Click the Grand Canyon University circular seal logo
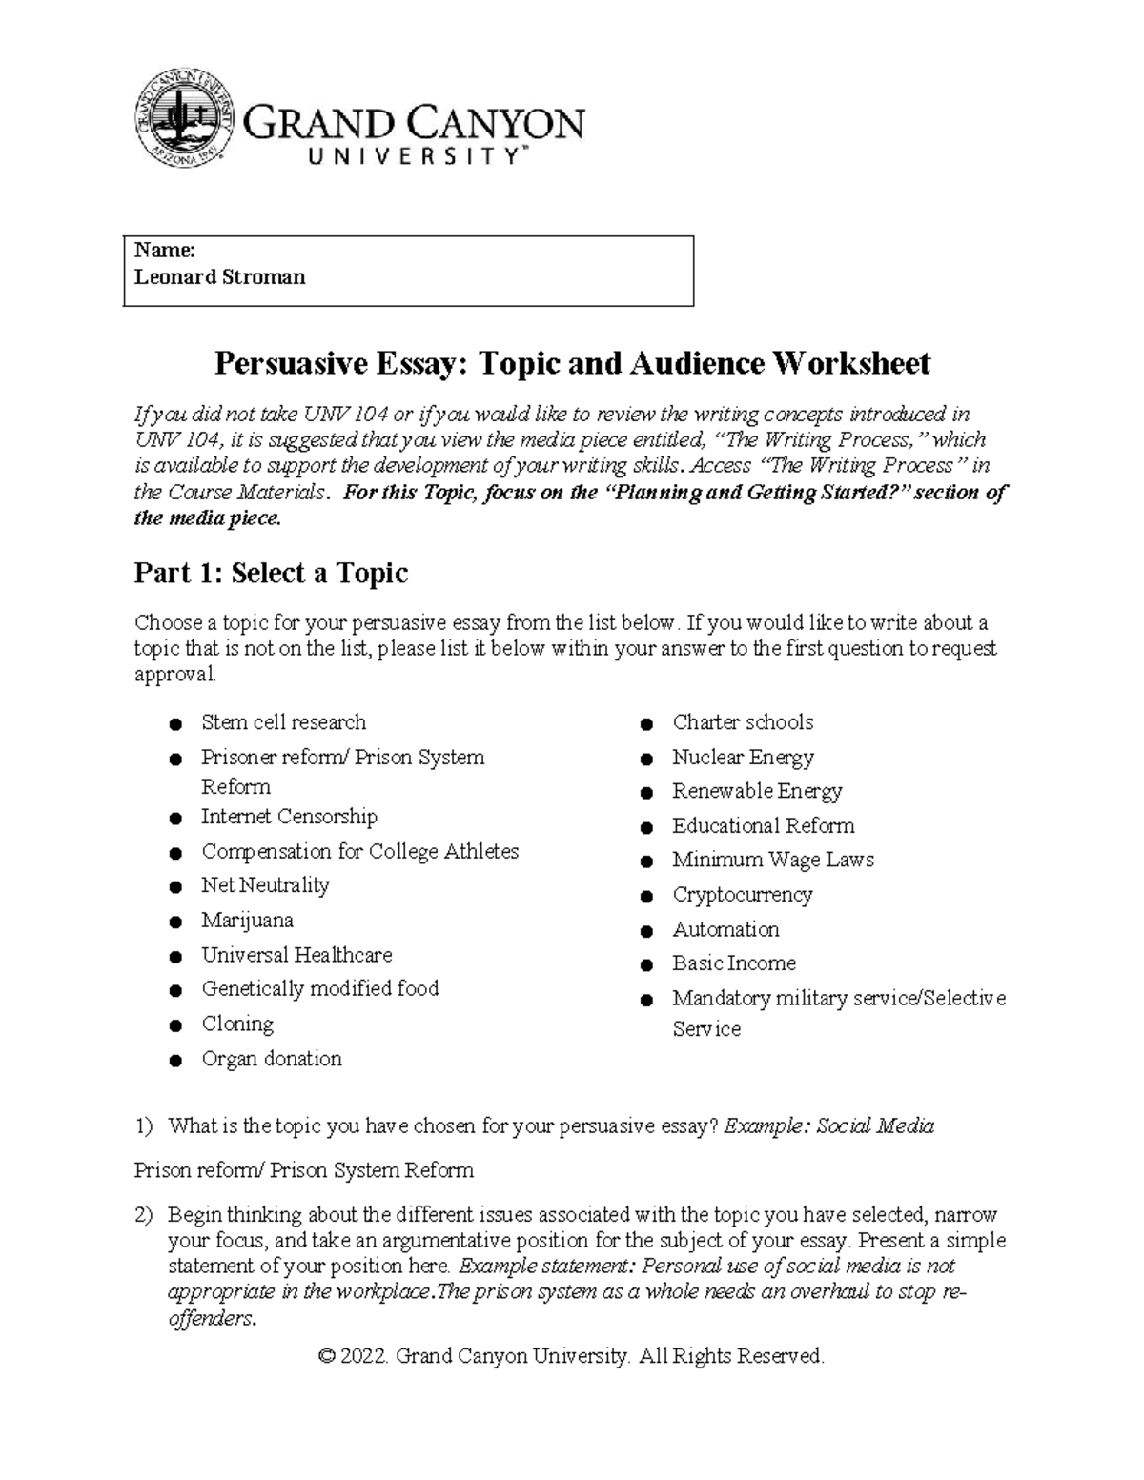point(182,117)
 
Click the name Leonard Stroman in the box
point(219,277)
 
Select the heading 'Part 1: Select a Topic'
point(271,573)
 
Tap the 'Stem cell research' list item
point(283,722)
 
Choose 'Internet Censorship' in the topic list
point(289,817)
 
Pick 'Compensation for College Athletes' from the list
point(359,851)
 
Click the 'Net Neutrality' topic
point(265,885)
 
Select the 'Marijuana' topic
point(247,921)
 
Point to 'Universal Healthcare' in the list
point(296,955)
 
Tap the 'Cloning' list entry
point(237,1024)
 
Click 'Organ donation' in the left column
point(271,1059)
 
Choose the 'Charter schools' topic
point(743,722)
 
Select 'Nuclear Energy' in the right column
point(743,758)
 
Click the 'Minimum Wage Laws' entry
point(772,860)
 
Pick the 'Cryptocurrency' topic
point(742,895)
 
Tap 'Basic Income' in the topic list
point(733,963)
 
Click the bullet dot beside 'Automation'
point(646,931)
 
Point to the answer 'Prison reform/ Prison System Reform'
point(303,1170)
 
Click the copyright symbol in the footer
point(327,1356)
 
